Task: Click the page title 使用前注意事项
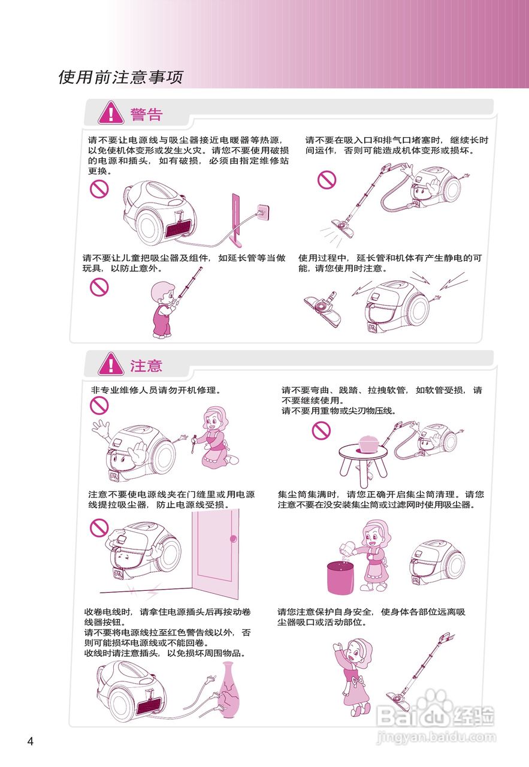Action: [x=120, y=77]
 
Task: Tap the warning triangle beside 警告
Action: [x=111, y=113]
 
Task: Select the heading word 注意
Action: [x=146, y=366]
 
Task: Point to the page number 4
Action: [x=31, y=741]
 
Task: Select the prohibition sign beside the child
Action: [x=99, y=287]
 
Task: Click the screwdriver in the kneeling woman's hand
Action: [x=193, y=446]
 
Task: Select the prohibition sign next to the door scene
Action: [x=99, y=527]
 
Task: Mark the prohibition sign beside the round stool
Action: [x=321, y=430]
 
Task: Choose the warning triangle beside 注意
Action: [x=111, y=365]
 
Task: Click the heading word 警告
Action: [x=146, y=114]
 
